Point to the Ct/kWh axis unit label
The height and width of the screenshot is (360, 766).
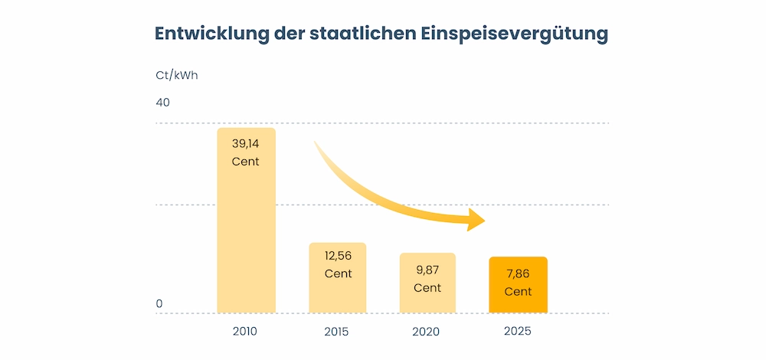pos(177,75)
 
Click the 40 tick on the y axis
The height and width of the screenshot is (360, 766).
pos(163,103)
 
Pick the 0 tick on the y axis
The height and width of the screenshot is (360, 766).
pos(159,304)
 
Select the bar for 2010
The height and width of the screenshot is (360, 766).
pos(246,230)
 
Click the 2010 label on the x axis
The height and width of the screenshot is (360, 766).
pos(246,332)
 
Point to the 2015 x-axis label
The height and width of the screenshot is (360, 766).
pos(337,332)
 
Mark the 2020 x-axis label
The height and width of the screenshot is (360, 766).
pos(427,332)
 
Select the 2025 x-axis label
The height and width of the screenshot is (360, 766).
pos(518,332)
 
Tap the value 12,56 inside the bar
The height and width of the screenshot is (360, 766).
pos(337,256)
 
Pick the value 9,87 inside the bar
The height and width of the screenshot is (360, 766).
pos(427,270)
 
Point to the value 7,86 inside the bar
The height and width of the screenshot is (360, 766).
pos(518,273)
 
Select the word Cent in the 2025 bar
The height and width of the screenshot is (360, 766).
pos(518,292)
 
